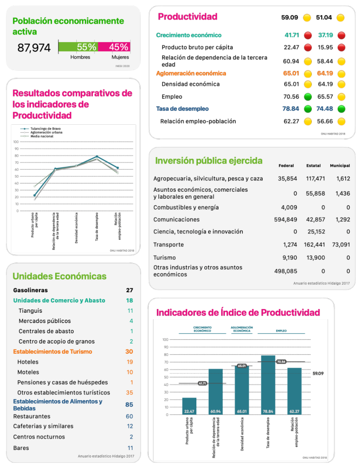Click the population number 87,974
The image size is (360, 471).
click(34, 48)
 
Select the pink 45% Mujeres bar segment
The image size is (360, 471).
click(114, 48)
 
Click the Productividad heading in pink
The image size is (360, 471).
click(187, 17)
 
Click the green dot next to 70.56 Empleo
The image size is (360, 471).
click(306, 97)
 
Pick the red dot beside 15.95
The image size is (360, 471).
click(341, 48)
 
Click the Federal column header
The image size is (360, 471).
click(286, 165)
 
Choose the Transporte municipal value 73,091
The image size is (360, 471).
click(340, 245)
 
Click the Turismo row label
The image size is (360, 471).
click(164, 258)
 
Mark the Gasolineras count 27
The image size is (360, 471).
click(129, 290)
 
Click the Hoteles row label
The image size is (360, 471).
click(28, 362)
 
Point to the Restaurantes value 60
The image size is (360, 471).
click(129, 416)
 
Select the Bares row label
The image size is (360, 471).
click(21, 448)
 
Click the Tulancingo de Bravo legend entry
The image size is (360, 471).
click(45, 129)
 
